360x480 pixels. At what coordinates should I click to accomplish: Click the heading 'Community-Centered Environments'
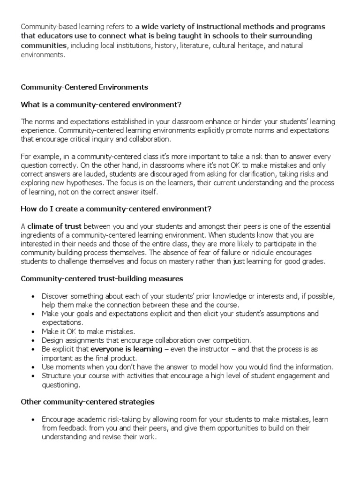tap(84, 87)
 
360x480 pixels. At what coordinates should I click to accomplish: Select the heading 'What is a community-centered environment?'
tap(101, 104)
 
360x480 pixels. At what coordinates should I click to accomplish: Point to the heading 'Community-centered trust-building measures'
tap(102, 279)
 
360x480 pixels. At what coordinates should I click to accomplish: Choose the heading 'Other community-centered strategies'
tap(88, 402)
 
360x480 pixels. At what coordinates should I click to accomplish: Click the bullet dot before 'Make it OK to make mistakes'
tap(32, 331)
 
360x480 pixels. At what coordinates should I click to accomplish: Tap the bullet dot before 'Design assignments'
tap(32, 340)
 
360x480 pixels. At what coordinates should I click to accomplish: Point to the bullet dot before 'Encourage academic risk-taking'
tap(32, 420)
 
